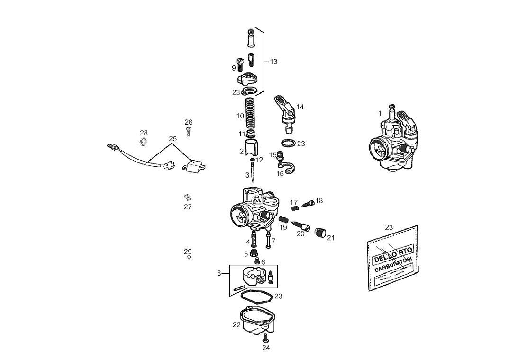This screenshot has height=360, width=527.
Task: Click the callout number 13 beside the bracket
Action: [273, 62]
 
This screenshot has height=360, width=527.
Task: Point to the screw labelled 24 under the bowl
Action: [265, 338]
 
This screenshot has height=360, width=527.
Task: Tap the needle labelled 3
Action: [253, 172]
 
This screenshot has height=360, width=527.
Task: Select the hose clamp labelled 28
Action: [144, 141]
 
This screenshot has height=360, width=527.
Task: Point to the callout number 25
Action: [173, 139]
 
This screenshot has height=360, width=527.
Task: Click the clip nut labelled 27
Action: [187, 197]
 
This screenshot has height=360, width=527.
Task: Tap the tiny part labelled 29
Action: [189, 258]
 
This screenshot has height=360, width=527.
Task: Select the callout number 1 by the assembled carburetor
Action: [380, 113]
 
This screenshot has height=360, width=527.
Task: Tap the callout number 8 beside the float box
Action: [219, 273]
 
